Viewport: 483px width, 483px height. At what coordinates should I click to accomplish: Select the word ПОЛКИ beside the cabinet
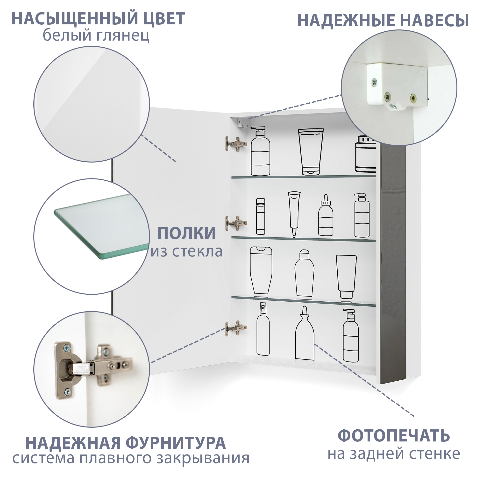coord(186,233)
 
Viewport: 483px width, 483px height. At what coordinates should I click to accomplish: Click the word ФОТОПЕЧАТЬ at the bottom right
coord(394,436)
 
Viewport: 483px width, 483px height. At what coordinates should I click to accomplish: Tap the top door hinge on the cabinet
coord(236,144)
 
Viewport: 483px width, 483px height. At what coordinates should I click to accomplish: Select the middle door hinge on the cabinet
coord(236,223)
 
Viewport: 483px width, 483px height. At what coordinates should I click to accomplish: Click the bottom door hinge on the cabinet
coord(236,328)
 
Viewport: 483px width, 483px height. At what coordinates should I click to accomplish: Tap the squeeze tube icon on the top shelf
coord(311,151)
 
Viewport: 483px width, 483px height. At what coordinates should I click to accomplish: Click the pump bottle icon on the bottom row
coord(350,335)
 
